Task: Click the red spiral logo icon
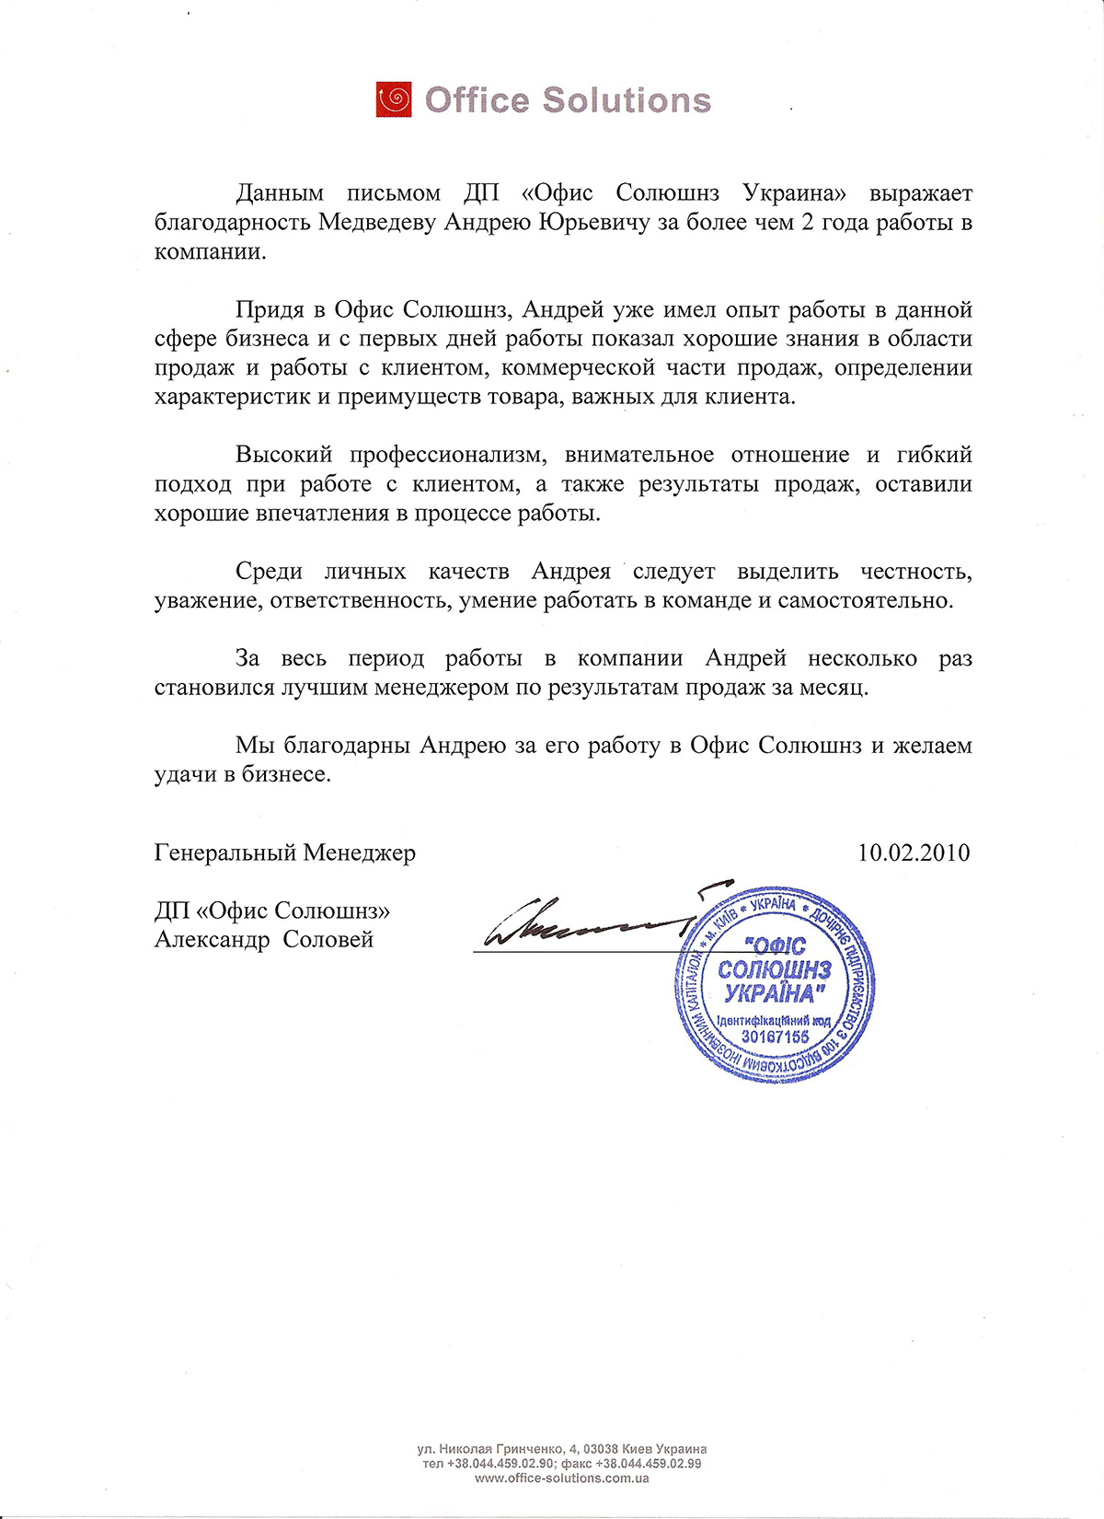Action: coord(394,99)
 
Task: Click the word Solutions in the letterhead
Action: coord(627,99)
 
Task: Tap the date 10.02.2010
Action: coord(914,852)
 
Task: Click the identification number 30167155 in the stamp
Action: coord(775,1038)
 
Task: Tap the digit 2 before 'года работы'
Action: coord(808,223)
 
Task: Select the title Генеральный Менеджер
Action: coord(285,853)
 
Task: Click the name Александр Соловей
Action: coord(264,940)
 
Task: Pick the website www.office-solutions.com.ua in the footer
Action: coord(562,1478)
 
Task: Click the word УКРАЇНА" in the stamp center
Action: coord(771,994)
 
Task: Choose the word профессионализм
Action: coord(448,456)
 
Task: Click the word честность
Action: coord(916,572)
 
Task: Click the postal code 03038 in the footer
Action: coord(600,1449)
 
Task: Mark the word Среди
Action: coord(269,572)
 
